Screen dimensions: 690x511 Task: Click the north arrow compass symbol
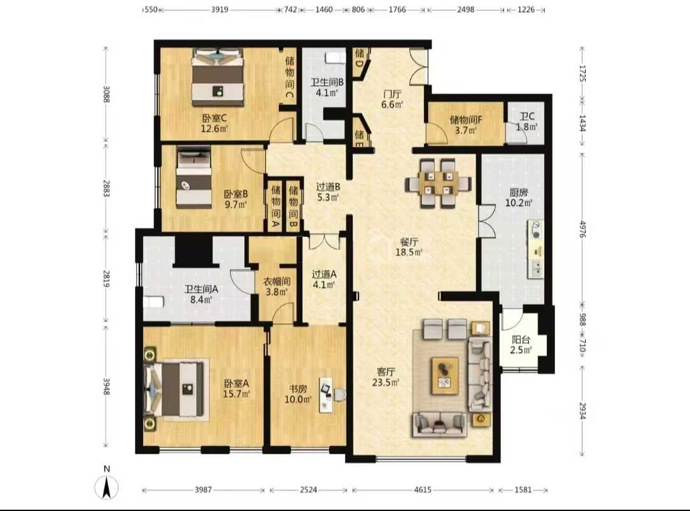point(106,487)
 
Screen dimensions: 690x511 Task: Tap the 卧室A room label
point(236,383)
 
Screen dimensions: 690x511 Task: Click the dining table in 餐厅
point(439,183)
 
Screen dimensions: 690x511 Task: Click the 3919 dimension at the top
point(219,10)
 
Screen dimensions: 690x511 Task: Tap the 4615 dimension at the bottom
point(423,489)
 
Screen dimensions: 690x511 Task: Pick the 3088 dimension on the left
point(106,94)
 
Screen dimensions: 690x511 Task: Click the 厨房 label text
point(519,192)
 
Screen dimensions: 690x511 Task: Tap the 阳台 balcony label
point(521,339)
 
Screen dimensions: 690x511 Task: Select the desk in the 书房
point(327,395)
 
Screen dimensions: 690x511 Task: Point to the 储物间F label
point(466,119)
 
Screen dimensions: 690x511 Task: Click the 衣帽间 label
point(276,281)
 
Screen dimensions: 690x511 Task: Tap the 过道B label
point(328,186)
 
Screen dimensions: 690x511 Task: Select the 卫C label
point(527,116)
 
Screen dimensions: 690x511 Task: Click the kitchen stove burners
point(536,230)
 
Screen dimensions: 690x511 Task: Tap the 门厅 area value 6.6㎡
point(391,104)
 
